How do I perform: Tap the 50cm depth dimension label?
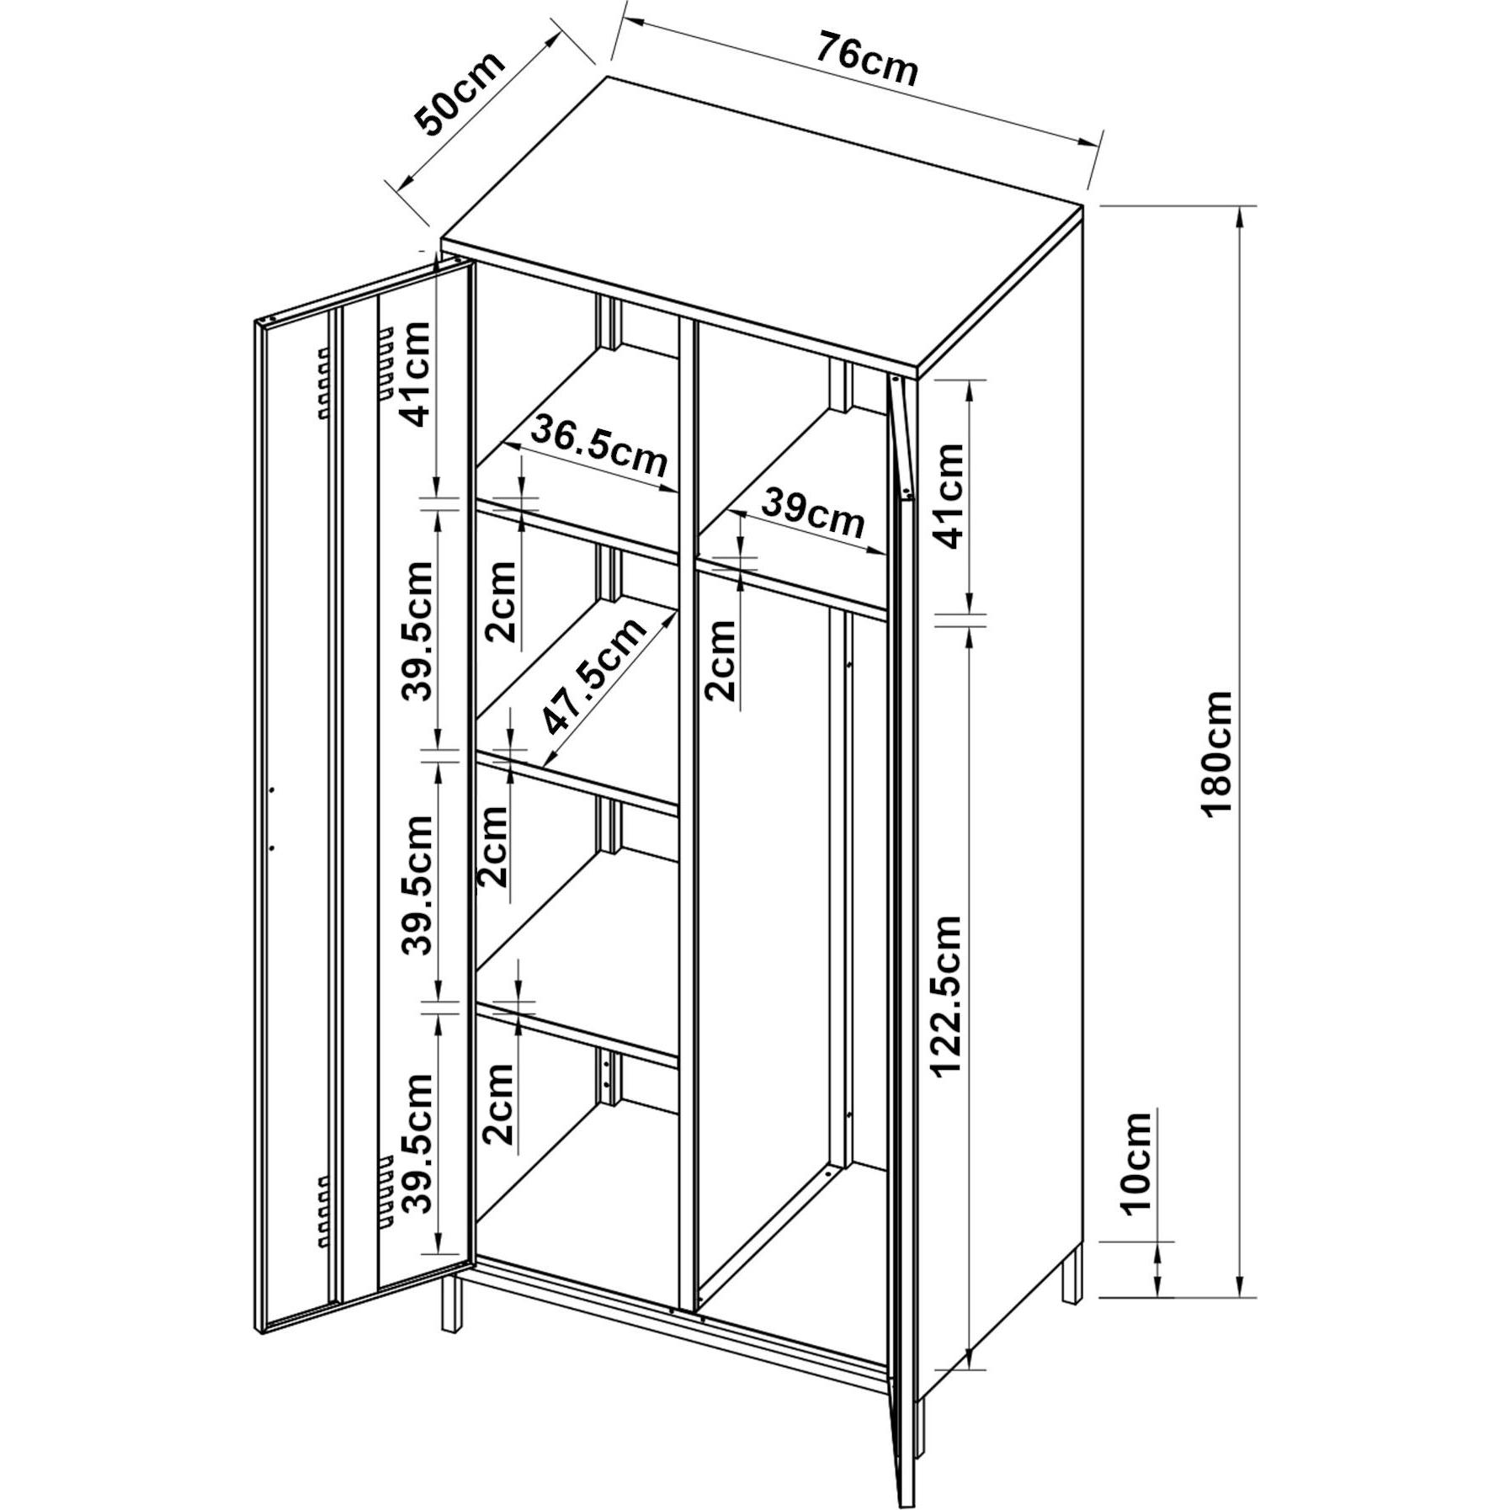click(460, 93)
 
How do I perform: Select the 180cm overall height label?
click(1218, 753)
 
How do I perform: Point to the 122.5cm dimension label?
click(947, 995)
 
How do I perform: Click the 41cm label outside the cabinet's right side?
click(948, 495)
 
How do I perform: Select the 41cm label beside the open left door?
click(415, 374)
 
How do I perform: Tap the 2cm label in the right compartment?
click(720, 660)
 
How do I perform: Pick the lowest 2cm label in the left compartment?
click(499, 1103)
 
